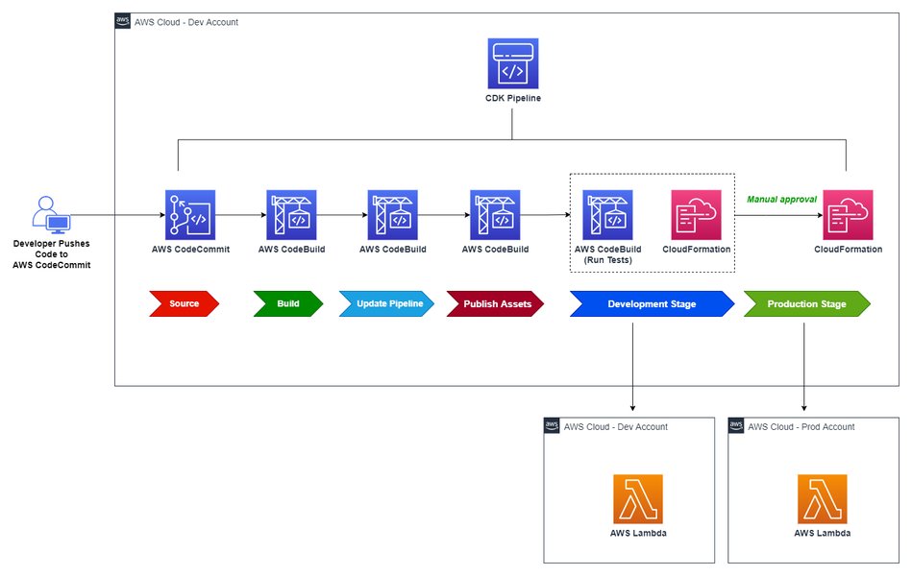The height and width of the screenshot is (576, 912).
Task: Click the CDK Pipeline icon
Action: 513,63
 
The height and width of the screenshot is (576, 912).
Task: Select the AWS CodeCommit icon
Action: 189,214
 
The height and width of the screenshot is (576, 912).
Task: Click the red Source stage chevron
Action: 184,304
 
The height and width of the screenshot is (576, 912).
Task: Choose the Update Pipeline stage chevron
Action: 386,304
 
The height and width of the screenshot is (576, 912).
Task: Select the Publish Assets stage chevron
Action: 495,304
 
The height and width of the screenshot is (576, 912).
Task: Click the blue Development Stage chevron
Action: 652,304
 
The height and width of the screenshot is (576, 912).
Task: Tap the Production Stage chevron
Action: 806,304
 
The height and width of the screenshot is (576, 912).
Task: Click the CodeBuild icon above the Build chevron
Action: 291,214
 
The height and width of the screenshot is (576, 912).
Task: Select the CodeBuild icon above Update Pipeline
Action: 393,214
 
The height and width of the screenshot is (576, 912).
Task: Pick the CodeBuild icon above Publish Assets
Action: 495,214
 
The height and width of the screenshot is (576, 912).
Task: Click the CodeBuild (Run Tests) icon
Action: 608,214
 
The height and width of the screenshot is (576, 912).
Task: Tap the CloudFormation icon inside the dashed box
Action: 696,214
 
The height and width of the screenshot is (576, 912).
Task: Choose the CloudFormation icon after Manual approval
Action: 848,214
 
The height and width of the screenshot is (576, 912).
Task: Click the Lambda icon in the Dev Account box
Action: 637,498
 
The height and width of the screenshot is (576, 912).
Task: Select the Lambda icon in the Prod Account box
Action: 822,498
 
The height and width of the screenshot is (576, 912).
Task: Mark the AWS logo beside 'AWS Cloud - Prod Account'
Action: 737,425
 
